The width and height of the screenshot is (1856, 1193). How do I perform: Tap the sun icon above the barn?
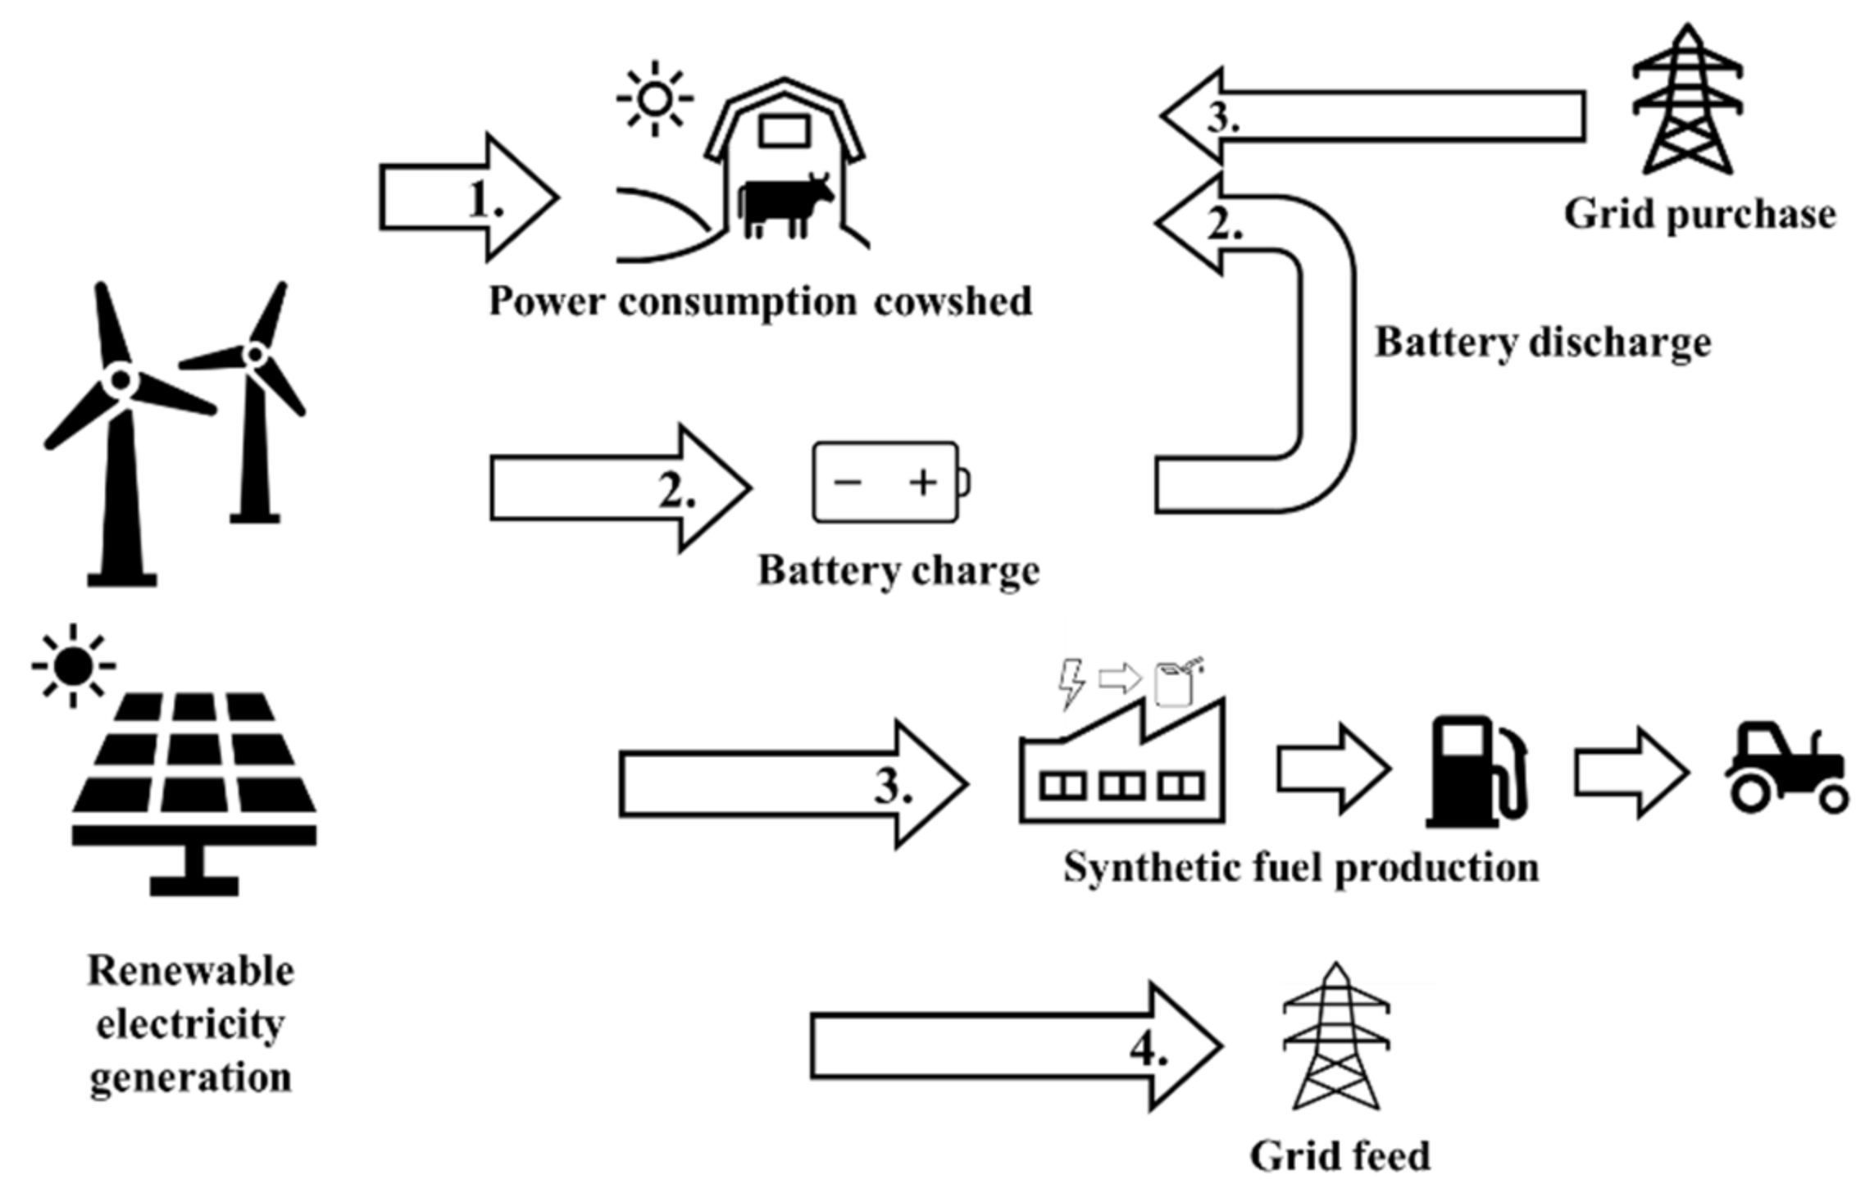[654, 98]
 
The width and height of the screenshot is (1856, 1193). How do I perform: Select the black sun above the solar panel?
[73, 665]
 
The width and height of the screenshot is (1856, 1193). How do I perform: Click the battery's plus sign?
[923, 482]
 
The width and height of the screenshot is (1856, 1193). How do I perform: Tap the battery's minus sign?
[847, 482]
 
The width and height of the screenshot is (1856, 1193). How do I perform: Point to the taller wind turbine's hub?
[121, 379]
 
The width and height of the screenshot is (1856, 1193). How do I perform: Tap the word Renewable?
[190, 971]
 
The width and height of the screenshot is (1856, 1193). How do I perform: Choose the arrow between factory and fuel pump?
[1333, 769]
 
